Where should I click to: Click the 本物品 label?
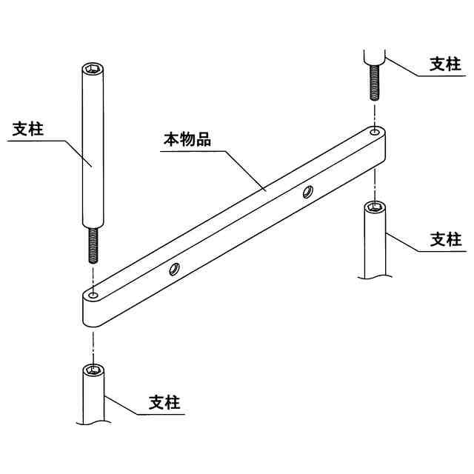[187, 138]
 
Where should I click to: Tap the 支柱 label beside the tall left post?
[29, 129]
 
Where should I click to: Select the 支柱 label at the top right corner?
[446, 64]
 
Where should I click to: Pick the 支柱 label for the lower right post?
[446, 239]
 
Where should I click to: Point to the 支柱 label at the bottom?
[164, 403]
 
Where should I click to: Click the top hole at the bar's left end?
[93, 296]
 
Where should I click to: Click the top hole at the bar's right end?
[375, 133]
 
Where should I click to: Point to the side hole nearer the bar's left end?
[175, 269]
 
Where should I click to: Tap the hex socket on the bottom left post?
[93, 369]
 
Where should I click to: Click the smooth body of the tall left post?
[91, 148]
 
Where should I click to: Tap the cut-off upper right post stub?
[374, 56]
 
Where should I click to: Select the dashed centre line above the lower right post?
[375, 181]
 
